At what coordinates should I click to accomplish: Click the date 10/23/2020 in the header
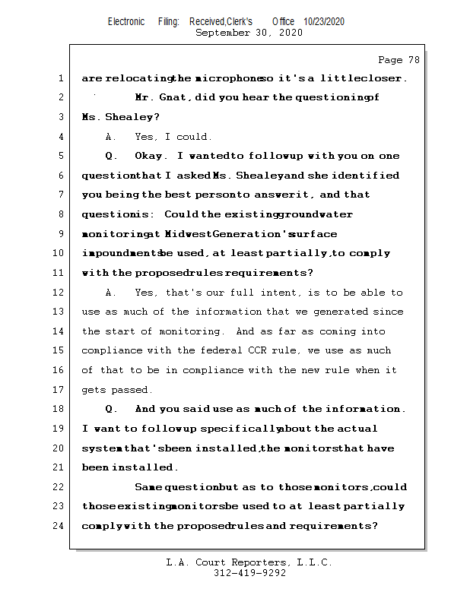324,22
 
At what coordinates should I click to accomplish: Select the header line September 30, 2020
249,33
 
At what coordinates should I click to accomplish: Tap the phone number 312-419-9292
249,574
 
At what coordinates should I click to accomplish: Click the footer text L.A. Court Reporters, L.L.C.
249,563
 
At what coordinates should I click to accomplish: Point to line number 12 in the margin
60,293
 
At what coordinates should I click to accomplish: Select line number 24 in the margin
60,525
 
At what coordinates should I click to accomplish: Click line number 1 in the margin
60,78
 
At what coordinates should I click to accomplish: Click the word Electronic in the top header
126,22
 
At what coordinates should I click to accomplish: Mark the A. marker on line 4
111,138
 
